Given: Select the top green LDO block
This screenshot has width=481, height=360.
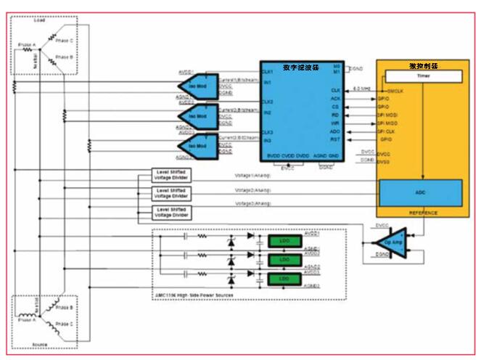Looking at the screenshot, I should (x=284, y=241).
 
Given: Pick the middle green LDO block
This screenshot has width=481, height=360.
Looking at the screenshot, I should (x=284, y=260).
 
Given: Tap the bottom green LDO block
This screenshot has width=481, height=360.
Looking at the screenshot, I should (x=284, y=279).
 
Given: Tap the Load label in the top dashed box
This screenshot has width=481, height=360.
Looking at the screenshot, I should (x=40, y=20).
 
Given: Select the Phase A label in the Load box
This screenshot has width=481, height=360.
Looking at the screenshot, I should (x=25, y=45).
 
